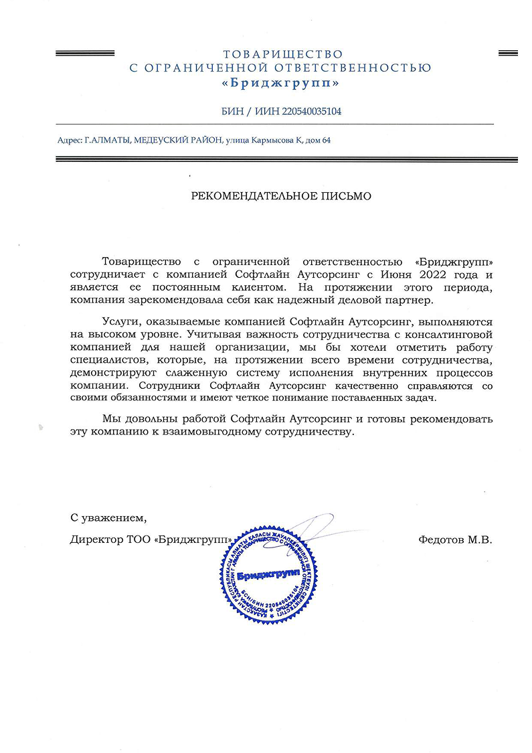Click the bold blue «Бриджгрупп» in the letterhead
click(280, 84)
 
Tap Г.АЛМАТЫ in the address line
click(107, 141)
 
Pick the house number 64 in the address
click(327, 141)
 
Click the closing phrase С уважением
click(108, 517)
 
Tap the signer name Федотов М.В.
click(455, 539)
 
